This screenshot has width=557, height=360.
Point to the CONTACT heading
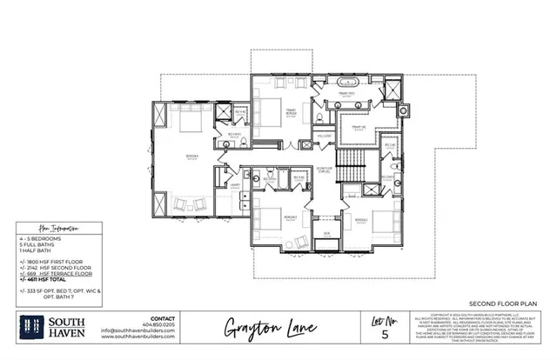[163, 317]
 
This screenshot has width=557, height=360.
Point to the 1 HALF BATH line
[29, 250]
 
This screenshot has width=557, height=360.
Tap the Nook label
[328, 233]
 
